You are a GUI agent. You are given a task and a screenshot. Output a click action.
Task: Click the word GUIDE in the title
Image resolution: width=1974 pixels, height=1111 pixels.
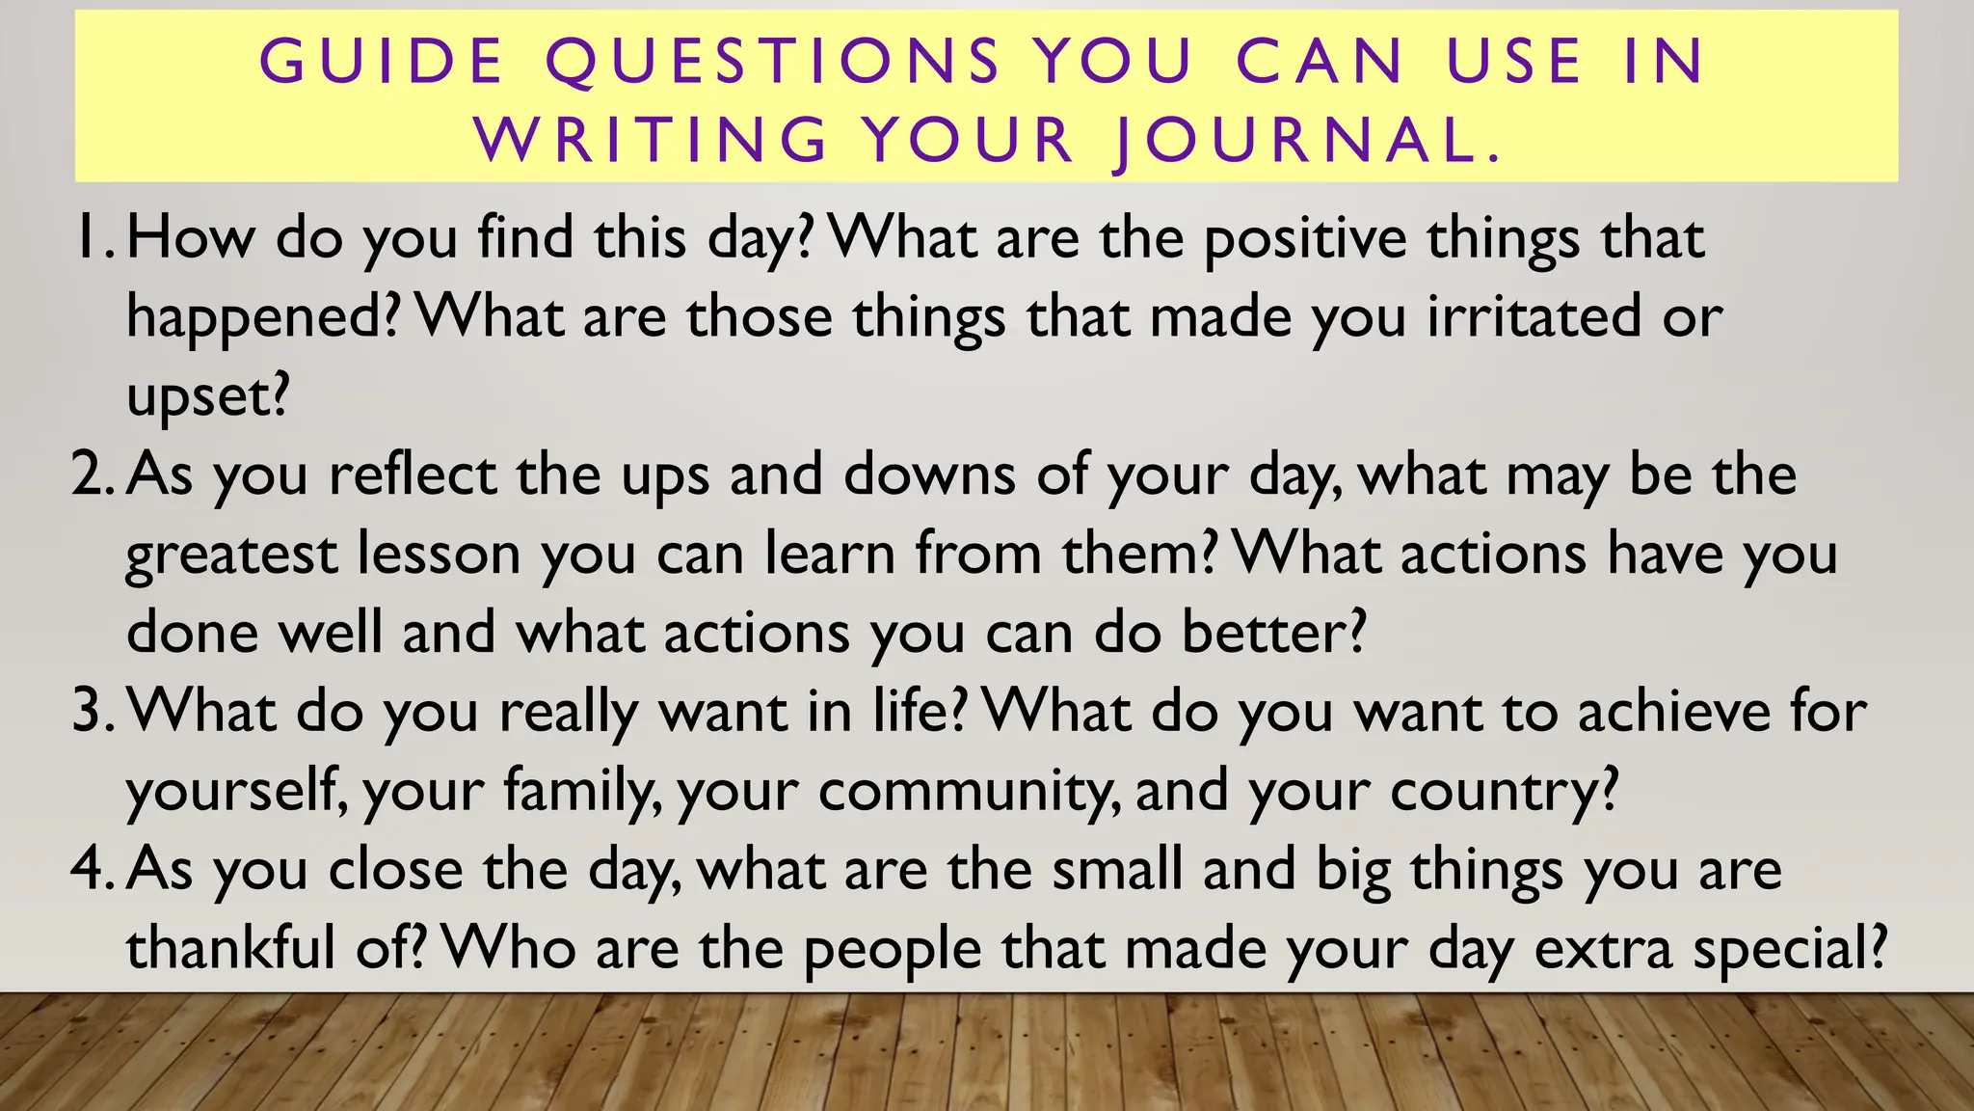coord(382,61)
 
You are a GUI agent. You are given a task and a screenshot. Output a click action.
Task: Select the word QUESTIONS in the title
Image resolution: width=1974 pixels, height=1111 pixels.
coord(774,61)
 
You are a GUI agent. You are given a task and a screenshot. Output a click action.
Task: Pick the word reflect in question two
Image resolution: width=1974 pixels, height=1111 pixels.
coord(412,474)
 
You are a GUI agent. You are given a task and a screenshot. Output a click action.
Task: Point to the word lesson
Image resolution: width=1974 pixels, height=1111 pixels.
coord(439,554)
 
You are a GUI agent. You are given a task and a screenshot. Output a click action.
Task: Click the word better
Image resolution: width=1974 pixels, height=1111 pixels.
coord(1272,633)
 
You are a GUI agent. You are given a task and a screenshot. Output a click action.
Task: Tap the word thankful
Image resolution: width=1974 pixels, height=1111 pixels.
coord(231,949)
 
